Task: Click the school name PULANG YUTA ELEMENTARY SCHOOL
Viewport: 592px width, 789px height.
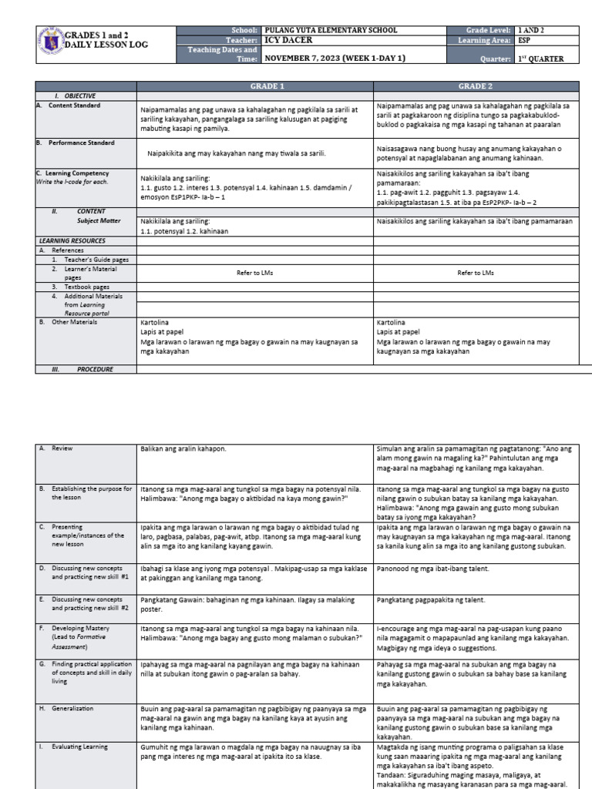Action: (331, 30)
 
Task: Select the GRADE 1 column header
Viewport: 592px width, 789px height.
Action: (255, 86)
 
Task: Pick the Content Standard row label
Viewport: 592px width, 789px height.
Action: (74, 106)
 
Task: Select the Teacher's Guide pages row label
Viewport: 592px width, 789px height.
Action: (90, 260)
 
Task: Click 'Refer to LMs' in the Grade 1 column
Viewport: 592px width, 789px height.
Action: (255, 273)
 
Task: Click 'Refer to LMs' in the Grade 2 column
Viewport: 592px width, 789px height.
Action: (476, 273)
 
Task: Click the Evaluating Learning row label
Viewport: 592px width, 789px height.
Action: (79, 747)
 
